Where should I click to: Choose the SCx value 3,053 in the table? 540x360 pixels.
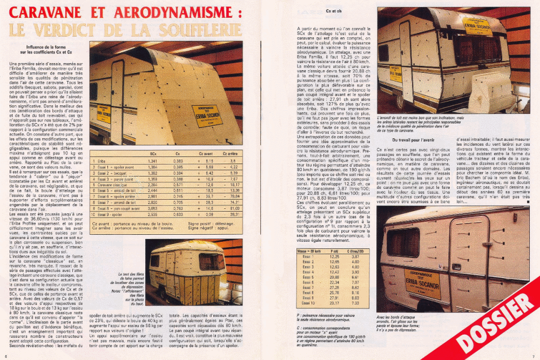point(152,208)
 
